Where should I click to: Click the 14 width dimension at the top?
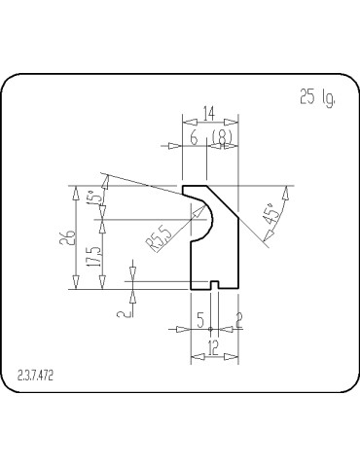pyautogui.click(x=208, y=113)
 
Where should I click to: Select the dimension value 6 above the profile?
pyautogui.click(x=194, y=138)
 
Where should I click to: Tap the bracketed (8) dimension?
pyautogui.click(x=223, y=138)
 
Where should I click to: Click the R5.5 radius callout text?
pyautogui.click(x=161, y=238)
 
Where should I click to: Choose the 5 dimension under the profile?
pyautogui.click(x=199, y=319)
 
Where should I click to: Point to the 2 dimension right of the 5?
pyautogui.click(x=239, y=319)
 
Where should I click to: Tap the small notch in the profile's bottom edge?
pyautogui.click(x=214, y=286)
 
